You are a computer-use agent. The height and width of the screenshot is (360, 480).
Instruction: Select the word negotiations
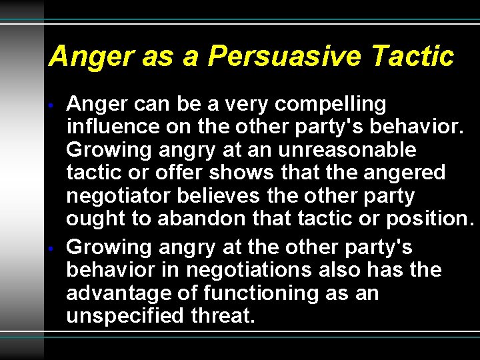pyautogui.click(x=249, y=270)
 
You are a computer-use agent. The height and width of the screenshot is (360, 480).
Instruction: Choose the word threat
pyautogui.click(x=222, y=315)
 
